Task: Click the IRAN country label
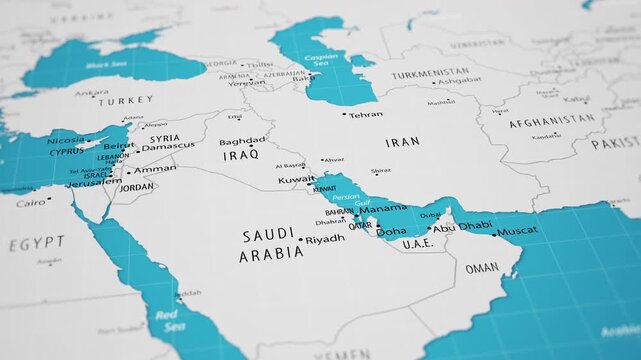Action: click(403, 142)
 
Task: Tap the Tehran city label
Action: click(367, 115)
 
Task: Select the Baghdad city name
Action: click(243, 142)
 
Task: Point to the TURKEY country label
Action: click(126, 101)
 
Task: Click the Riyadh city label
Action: click(325, 239)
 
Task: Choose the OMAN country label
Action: click(482, 268)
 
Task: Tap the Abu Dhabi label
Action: click(461, 227)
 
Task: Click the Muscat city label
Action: click(517, 231)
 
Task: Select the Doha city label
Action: click(391, 232)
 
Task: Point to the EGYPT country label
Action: click(37, 244)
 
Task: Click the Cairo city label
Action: click(30, 203)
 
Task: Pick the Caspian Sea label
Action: click(320, 62)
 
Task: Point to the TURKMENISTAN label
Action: click(430, 74)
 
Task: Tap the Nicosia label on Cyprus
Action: click(66, 141)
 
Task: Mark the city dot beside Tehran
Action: click(345, 114)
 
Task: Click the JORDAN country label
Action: click(137, 187)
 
